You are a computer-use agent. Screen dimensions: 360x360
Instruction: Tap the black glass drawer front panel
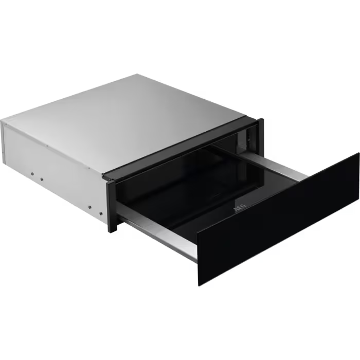pos(278,221)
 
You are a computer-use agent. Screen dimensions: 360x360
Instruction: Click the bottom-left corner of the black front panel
pos(198,284)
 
